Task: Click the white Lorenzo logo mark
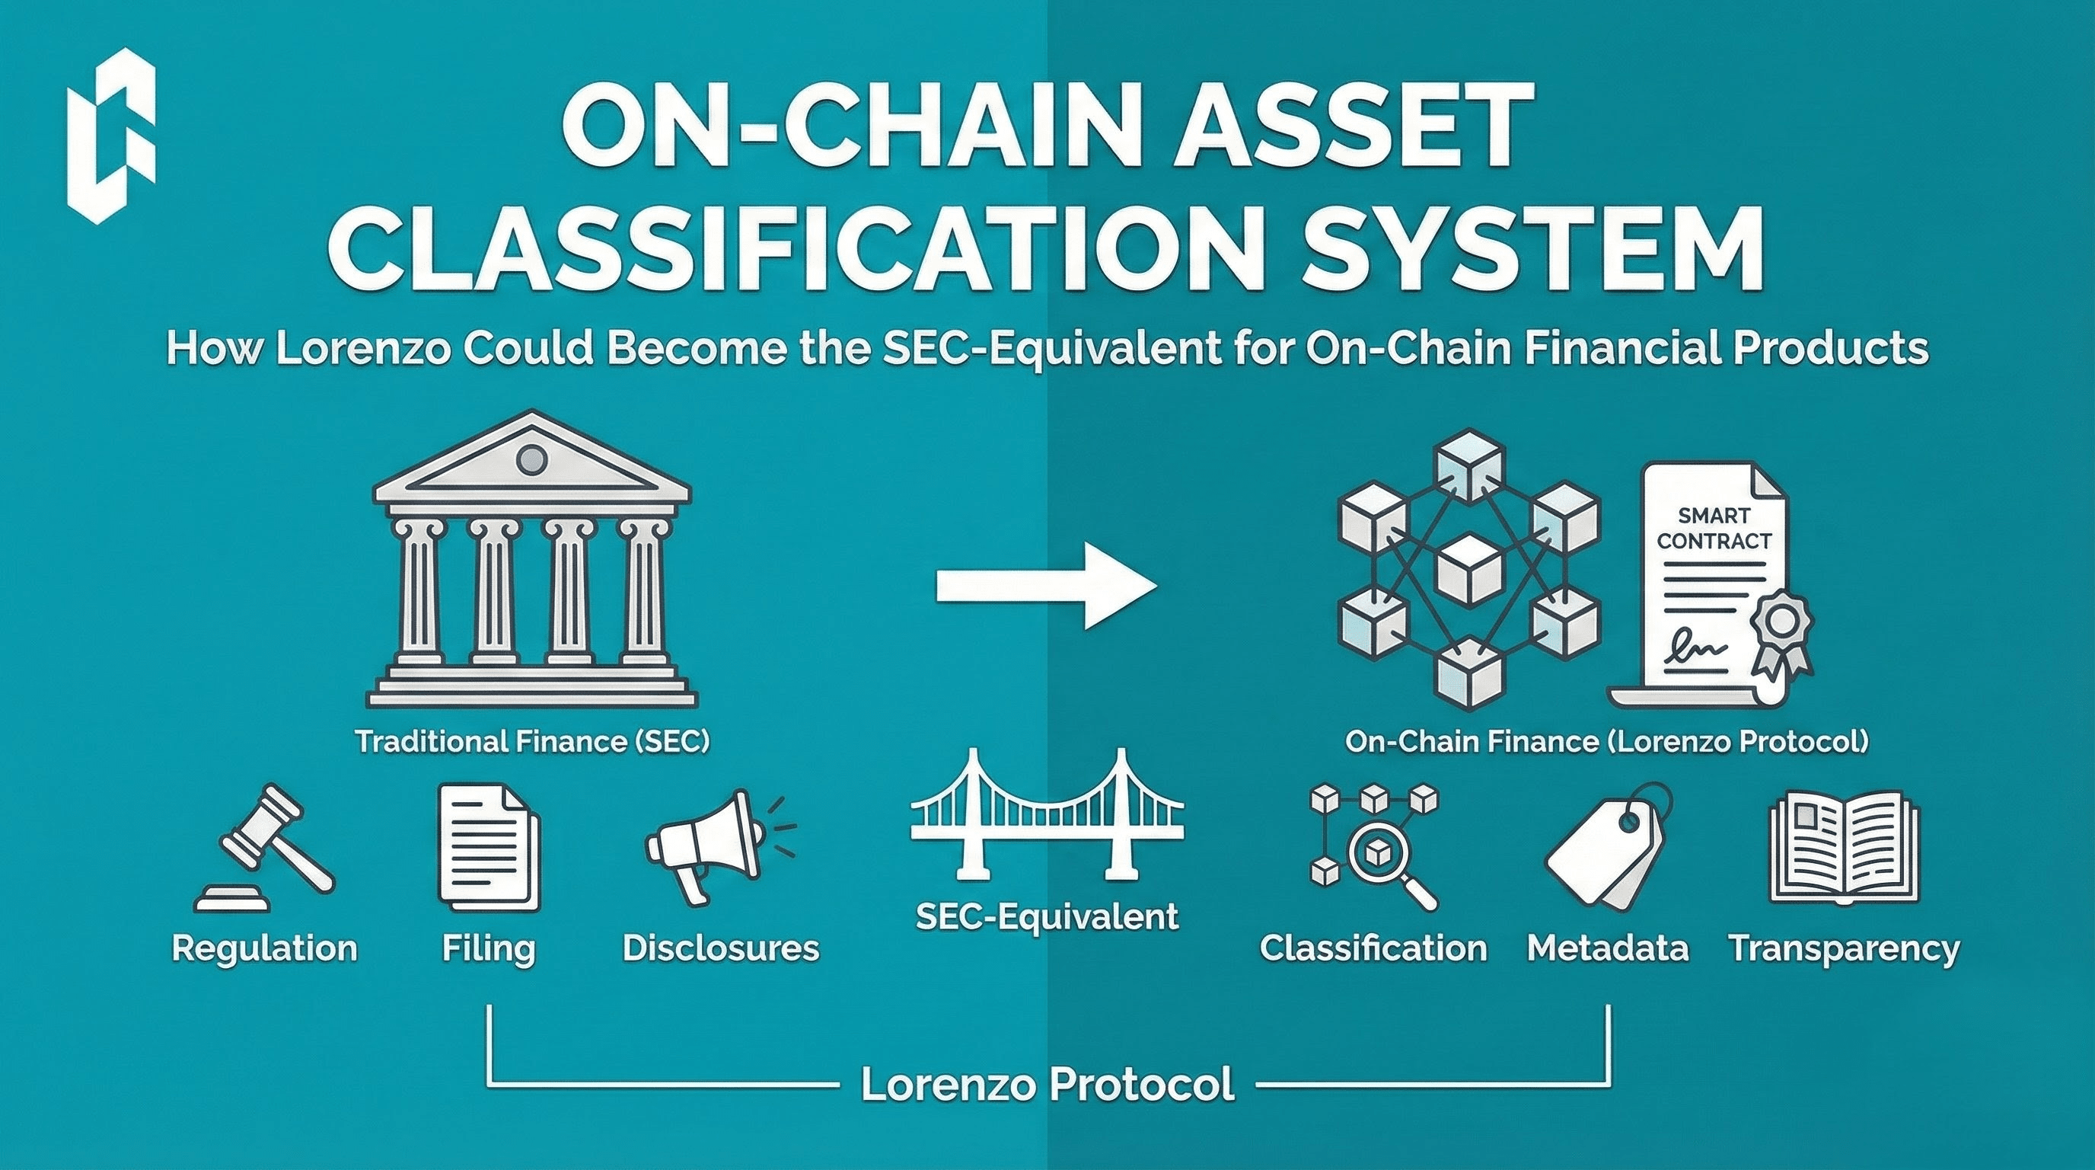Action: click(x=111, y=142)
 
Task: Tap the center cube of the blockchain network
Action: click(x=1468, y=570)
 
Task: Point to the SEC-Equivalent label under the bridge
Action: click(x=1047, y=917)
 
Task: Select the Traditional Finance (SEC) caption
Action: click(x=532, y=742)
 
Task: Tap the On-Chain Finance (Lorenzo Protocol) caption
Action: click(x=1606, y=742)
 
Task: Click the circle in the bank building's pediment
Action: click(x=532, y=461)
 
